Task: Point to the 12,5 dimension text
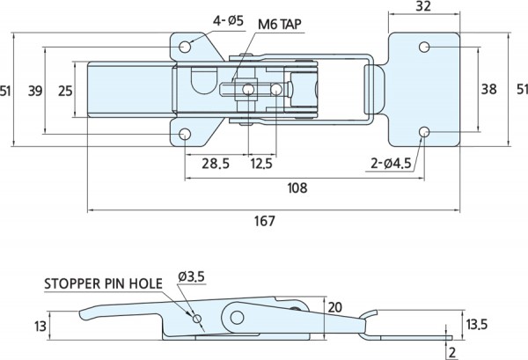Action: coord(260,164)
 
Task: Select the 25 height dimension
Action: coord(63,89)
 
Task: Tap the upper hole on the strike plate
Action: coord(424,46)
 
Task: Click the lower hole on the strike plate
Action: coord(424,132)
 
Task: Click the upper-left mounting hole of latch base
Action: coord(186,46)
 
